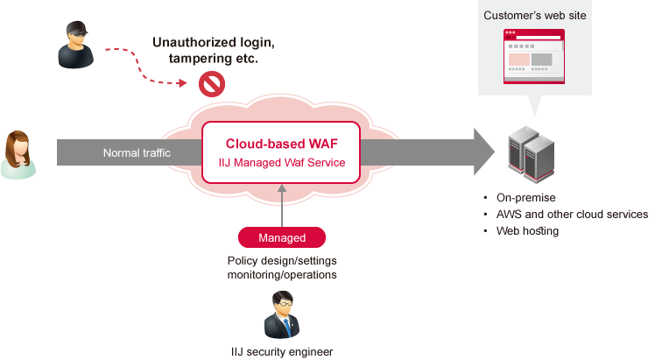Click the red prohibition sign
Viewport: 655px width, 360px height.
[212, 83]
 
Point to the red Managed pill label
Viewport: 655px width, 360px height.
[281, 237]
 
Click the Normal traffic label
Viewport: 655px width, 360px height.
[137, 153]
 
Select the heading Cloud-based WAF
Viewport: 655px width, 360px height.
[281, 144]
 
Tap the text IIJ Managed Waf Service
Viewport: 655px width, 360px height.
[281, 163]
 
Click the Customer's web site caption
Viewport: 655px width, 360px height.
[534, 16]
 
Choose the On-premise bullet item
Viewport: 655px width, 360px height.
[525, 197]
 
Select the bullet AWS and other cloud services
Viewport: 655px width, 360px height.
[571, 215]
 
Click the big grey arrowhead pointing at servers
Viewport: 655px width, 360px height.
[484, 152]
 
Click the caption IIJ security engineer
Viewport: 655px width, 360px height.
[281, 351]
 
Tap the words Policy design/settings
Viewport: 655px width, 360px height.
[281, 260]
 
